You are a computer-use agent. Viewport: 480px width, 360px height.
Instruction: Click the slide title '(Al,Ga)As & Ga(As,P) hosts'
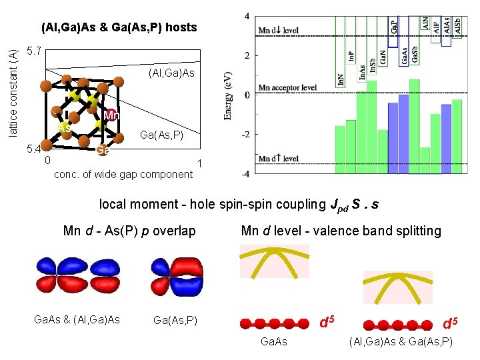pos(119,27)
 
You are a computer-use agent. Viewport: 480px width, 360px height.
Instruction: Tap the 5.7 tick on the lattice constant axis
pos(33,51)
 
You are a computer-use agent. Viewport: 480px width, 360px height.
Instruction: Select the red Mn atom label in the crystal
pos(111,116)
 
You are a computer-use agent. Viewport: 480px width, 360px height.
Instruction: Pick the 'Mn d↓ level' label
pos(279,31)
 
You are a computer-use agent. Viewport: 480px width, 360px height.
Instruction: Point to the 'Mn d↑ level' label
pos(279,158)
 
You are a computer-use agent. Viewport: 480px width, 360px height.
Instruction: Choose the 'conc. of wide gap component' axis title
pos(122,175)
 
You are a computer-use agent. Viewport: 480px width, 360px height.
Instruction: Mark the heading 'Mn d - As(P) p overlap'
pos(129,231)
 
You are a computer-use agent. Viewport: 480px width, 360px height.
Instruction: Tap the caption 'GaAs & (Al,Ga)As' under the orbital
pos(77,320)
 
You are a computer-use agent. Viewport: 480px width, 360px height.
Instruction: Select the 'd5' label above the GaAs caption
pos(325,323)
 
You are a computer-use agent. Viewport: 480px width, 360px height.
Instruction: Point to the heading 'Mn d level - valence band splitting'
pos(341,231)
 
